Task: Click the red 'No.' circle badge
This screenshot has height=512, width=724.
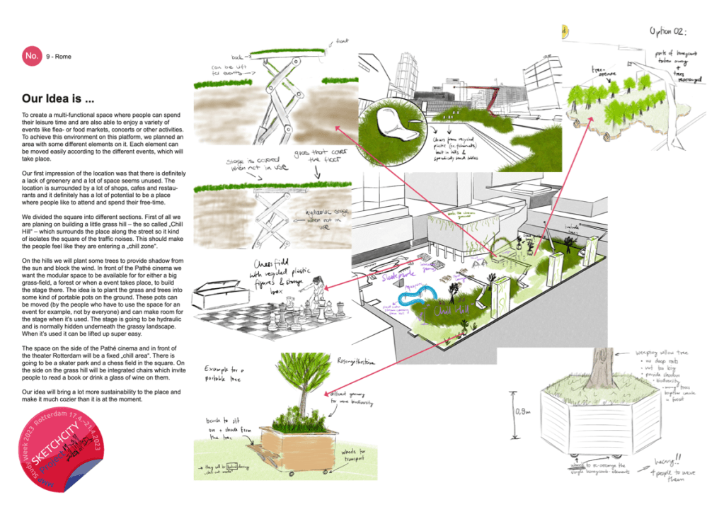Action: click(x=31, y=55)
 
